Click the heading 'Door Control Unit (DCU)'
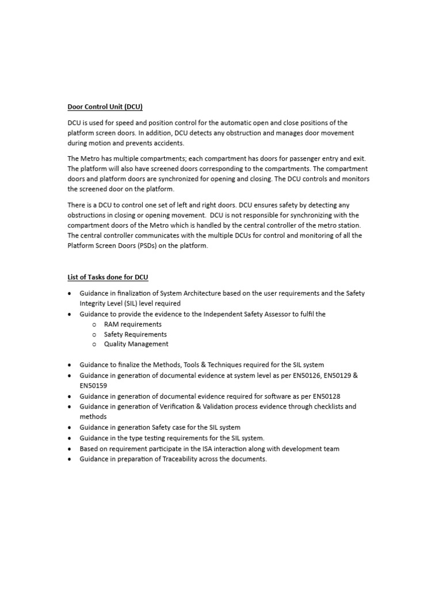(x=105, y=107)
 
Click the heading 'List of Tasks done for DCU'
(x=108, y=277)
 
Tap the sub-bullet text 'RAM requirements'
(x=132, y=324)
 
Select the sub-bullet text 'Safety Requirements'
(x=135, y=334)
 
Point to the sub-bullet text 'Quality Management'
(x=136, y=344)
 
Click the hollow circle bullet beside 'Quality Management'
(x=94, y=345)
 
